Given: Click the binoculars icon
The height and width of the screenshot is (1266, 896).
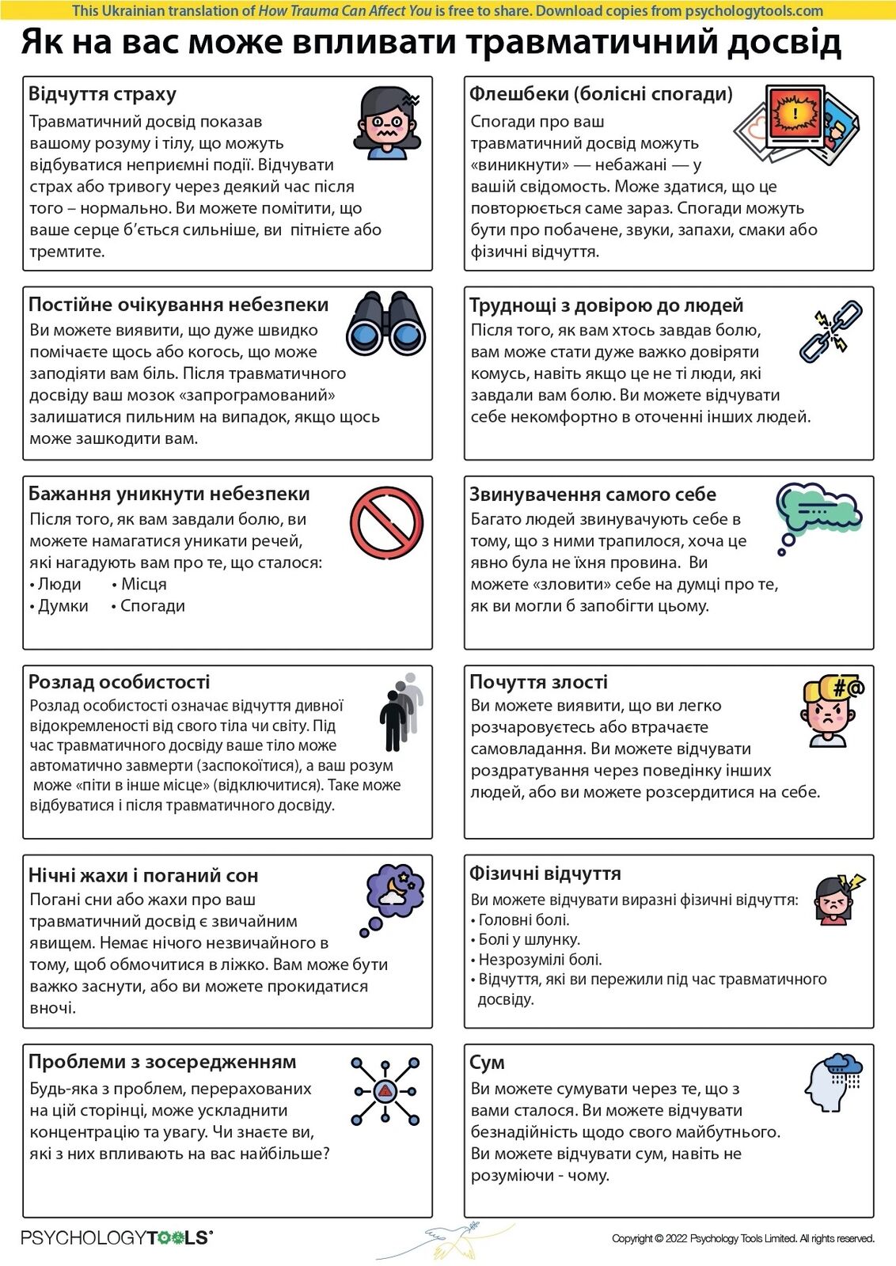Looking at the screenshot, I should [x=386, y=324].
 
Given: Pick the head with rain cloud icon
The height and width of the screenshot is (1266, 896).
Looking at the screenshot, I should [x=833, y=1083].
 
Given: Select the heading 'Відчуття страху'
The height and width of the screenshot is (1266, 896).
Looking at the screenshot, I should [x=102, y=94].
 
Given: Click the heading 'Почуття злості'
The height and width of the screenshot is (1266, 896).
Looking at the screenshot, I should [x=538, y=682].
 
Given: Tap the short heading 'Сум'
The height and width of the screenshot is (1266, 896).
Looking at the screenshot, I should [x=487, y=1063].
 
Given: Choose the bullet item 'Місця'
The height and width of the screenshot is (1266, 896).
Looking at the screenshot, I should [x=143, y=584].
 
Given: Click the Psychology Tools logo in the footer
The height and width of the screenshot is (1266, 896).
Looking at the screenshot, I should [x=116, y=1238].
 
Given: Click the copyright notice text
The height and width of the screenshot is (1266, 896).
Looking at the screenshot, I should [x=742, y=1238].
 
